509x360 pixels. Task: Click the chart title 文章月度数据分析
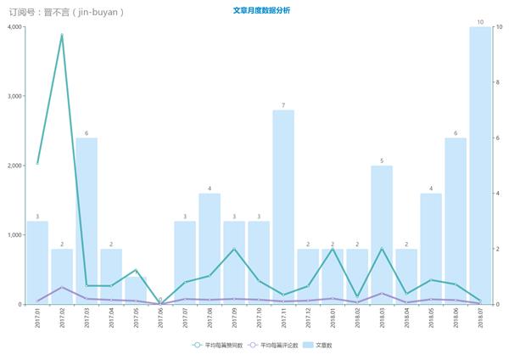pyautogui.click(x=260, y=10)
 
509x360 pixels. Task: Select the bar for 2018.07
pyautogui.click(x=480, y=166)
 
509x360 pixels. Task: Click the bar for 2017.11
pyautogui.click(x=283, y=207)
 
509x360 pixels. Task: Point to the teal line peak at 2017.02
pyautogui.click(x=62, y=36)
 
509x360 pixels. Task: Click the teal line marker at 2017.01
pyautogui.click(x=37, y=163)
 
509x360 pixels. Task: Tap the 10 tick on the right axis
pyautogui.click(x=500, y=27)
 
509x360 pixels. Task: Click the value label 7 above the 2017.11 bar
pyautogui.click(x=283, y=105)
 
